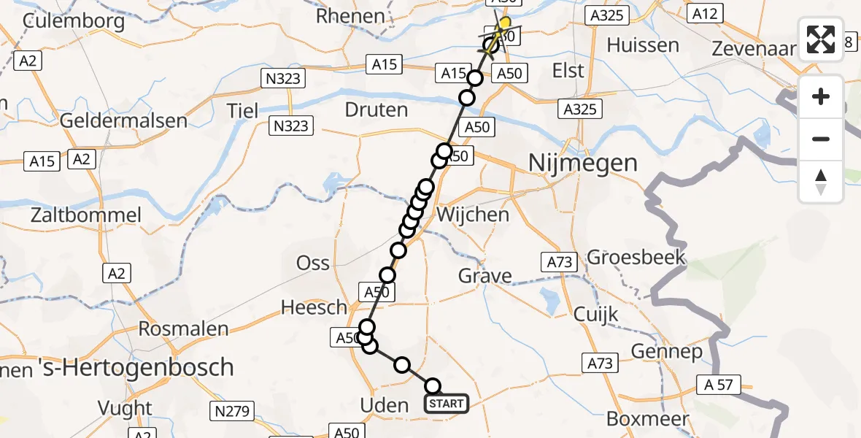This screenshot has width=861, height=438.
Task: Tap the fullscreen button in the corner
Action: click(821, 39)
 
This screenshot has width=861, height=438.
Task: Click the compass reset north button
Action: click(821, 182)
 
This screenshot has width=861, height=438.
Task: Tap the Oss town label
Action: click(312, 263)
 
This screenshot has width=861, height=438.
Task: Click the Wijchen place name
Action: click(473, 215)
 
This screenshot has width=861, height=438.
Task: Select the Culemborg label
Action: click(73, 20)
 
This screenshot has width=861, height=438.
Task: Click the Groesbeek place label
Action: click(636, 257)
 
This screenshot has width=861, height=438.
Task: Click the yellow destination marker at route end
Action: click(504, 23)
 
